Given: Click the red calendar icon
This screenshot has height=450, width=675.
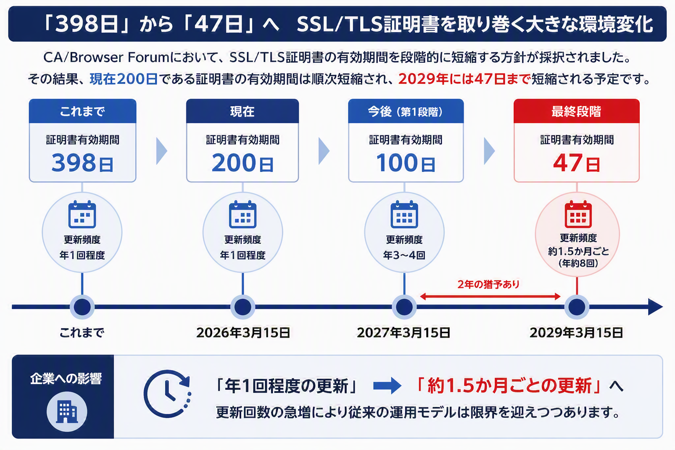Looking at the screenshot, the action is tap(578, 214).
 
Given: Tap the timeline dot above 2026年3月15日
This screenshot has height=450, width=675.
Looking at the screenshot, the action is tap(243, 307).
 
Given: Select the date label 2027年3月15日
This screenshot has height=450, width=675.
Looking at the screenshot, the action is tap(404, 333).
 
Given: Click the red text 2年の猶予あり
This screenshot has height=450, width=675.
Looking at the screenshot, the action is tap(489, 284).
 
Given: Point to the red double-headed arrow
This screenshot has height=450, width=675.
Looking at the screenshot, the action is tap(490, 297).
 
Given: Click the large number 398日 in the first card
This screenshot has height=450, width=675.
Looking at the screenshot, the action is tap(82, 163).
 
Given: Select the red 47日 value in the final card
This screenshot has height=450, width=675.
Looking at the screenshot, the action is tap(577, 163).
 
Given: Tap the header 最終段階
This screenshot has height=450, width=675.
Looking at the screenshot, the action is tap(576, 112).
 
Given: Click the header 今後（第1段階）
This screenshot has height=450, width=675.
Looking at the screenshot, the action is tap(405, 112).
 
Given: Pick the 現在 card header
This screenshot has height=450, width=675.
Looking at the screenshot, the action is tap(242, 111).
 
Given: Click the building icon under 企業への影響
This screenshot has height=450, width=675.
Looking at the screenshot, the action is tap(67, 412).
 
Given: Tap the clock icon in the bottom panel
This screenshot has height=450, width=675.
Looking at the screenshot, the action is tap(167, 394).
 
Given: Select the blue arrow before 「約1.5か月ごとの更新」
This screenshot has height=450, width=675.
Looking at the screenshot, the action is tap(387, 385).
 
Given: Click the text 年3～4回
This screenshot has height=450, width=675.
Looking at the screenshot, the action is tap(404, 255).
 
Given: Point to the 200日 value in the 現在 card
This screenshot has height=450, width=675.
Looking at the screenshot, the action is tap(243, 163).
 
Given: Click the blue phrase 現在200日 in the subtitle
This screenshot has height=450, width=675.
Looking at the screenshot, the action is tap(123, 79).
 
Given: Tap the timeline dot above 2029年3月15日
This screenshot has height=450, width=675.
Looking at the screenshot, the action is tap(577, 307).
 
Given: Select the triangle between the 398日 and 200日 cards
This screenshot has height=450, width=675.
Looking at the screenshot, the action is tap(161, 151).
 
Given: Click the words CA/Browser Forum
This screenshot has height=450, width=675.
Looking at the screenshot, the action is tap(106, 57).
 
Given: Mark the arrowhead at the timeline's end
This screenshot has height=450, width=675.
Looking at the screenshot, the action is tap(655, 307).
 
